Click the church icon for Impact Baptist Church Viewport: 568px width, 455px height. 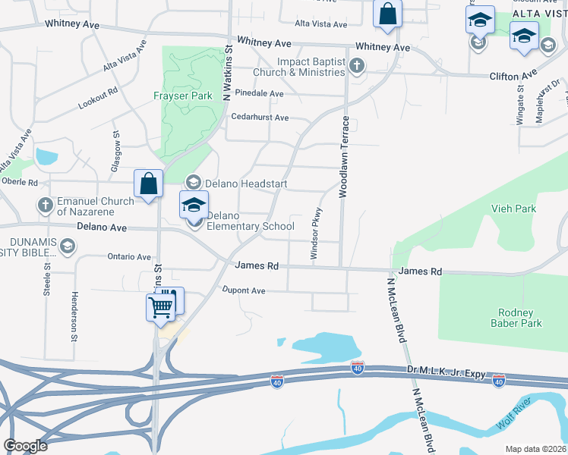point(357,66)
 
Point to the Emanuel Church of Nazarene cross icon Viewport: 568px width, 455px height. point(46,205)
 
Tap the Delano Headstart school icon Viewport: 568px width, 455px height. point(194,182)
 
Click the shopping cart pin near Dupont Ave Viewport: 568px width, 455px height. point(160,307)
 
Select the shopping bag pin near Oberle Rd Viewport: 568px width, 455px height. point(147,184)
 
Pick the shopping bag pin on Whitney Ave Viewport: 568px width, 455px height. point(387,14)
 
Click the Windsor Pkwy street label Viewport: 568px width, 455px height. point(317,235)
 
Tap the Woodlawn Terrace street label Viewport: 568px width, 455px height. point(344,157)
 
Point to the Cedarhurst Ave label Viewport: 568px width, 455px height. point(260,118)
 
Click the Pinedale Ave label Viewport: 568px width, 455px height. point(259,93)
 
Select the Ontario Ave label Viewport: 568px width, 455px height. point(129,257)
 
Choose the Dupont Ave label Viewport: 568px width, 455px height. point(243,290)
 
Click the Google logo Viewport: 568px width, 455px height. point(25,446)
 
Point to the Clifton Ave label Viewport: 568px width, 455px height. point(513,77)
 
